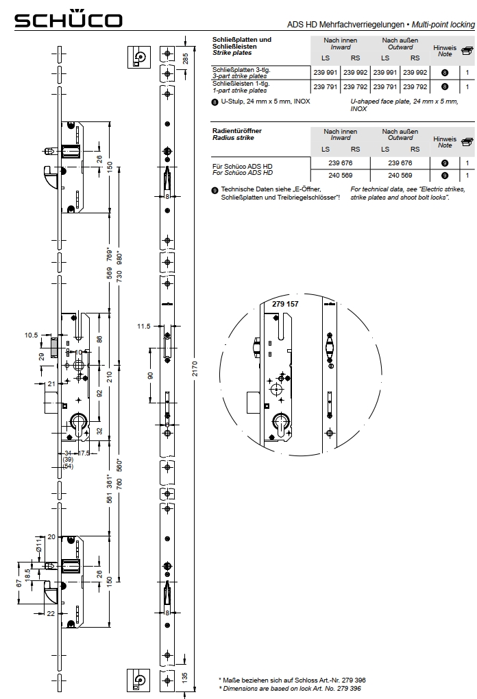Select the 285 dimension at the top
[x=186, y=57]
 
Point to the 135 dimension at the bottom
[x=186, y=676]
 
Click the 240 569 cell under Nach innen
[x=340, y=175]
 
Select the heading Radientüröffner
[x=237, y=130]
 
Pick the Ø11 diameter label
[x=39, y=548]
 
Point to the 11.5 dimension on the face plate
[x=143, y=327]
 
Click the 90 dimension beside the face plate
[x=151, y=376]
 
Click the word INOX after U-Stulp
[x=302, y=102]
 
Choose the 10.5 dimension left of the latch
[x=31, y=335]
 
